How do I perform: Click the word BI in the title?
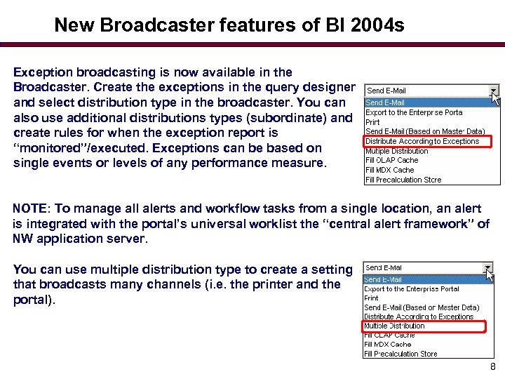(x=328, y=25)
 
